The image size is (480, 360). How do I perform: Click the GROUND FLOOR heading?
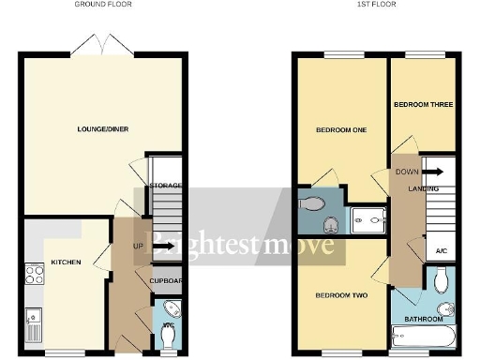click(x=103, y=5)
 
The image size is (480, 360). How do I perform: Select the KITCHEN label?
click(x=65, y=262)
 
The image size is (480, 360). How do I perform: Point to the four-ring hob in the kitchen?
click(x=34, y=275)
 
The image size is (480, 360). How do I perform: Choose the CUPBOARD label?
click(x=167, y=280)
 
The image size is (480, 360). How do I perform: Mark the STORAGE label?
click(x=166, y=186)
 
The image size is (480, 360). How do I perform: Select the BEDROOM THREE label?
click(x=423, y=104)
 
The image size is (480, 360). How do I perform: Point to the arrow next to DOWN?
click(x=434, y=172)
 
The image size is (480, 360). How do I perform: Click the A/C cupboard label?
click(x=442, y=252)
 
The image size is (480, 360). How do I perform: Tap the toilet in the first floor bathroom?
click(x=441, y=277)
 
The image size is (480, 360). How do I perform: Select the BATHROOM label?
click(x=422, y=319)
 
